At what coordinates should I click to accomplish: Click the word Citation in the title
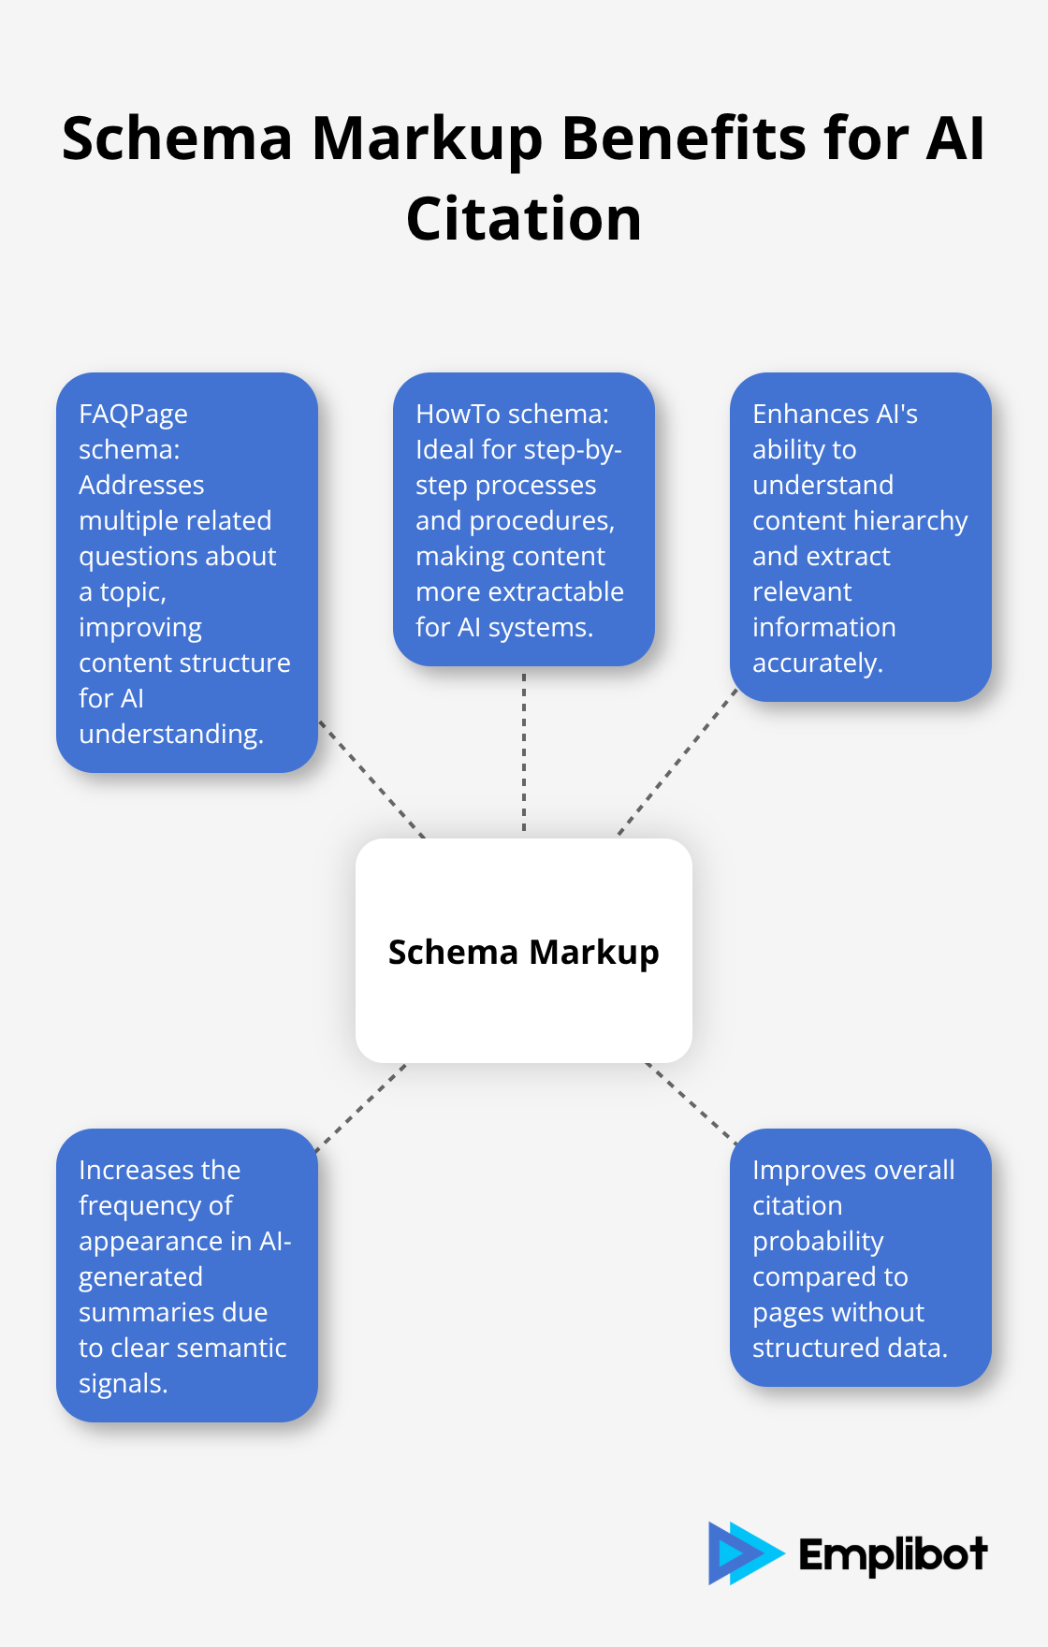click(524, 219)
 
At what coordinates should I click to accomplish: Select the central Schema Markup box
click(524, 951)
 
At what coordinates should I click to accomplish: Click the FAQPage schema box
click(187, 573)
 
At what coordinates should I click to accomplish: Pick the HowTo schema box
click(524, 519)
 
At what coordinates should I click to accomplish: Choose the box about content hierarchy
click(861, 537)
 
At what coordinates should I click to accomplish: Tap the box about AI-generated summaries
click(187, 1275)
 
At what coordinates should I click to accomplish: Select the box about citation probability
click(861, 1258)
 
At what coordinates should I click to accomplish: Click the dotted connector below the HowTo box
click(524, 752)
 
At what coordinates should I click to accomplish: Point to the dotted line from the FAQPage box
click(371, 779)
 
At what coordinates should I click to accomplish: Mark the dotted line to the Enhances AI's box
click(677, 763)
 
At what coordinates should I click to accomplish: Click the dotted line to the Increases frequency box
click(361, 1107)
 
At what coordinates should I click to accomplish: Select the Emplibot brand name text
click(893, 1554)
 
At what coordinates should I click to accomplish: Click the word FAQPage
click(133, 415)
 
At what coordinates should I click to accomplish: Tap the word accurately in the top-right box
click(818, 663)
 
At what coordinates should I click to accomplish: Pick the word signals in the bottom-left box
click(123, 1384)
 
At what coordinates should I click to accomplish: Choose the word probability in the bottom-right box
click(818, 1242)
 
